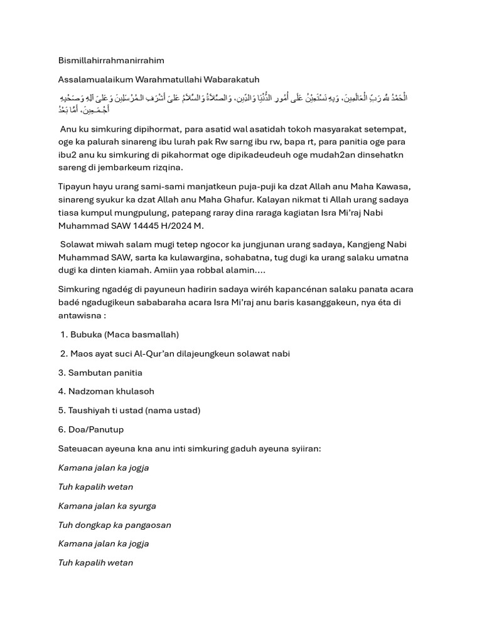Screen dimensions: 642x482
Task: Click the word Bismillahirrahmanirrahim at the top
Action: (111, 60)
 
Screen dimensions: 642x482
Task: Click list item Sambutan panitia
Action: (100, 372)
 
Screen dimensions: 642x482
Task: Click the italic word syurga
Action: (142, 505)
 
